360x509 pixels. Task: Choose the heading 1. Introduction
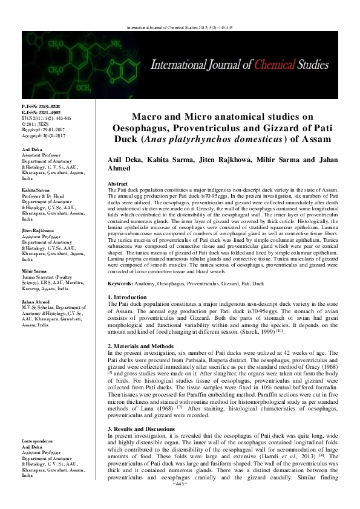click(x=129, y=297)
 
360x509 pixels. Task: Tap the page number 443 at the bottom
click(x=180, y=501)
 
